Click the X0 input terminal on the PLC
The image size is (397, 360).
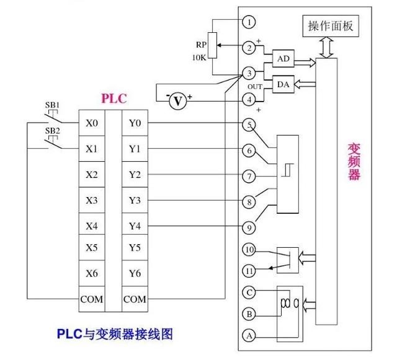(92, 123)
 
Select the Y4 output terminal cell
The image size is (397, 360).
(135, 226)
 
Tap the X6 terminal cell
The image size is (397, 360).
(92, 273)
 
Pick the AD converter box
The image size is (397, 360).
(282, 58)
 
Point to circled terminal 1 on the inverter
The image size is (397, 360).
(249, 22)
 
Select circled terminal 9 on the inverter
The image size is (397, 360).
(249, 227)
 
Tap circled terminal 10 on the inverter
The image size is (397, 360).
(249, 250)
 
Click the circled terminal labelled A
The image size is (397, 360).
(249, 335)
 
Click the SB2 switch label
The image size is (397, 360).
(51, 131)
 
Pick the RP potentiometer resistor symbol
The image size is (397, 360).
(213, 45)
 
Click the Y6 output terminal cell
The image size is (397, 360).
(135, 273)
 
